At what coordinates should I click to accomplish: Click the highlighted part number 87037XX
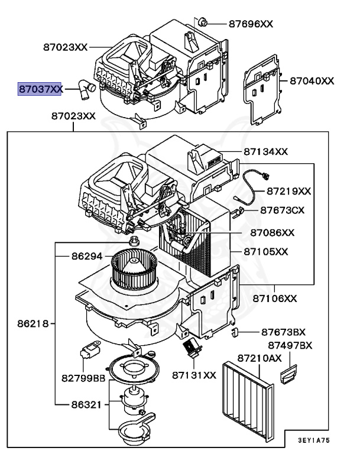(x=40, y=89)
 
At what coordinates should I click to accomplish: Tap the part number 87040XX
(x=312, y=80)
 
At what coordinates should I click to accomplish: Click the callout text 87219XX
(x=288, y=191)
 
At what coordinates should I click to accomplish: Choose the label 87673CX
(x=283, y=210)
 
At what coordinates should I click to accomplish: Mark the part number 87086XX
(x=272, y=232)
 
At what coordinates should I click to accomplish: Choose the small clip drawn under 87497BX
(x=288, y=373)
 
